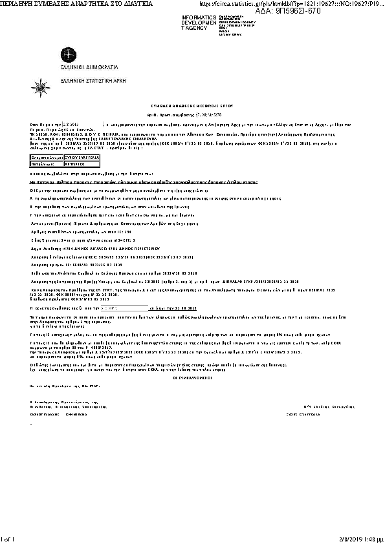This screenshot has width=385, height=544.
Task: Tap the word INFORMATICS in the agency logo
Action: point(200,16)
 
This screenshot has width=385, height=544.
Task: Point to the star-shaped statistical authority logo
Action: point(41,85)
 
